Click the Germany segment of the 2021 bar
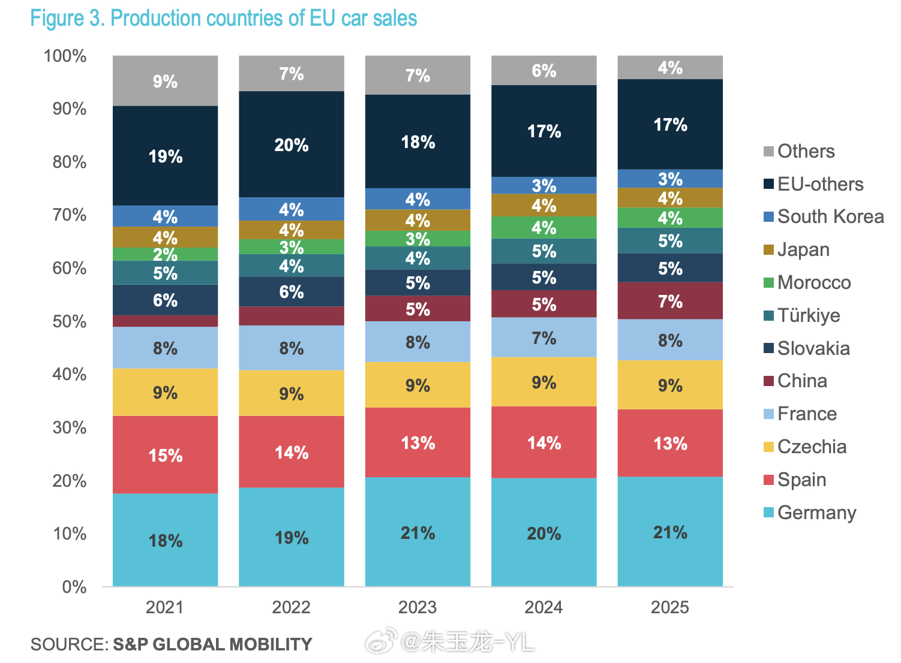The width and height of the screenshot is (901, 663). click(165, 540)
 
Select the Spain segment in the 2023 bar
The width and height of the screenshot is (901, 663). click(418, 442)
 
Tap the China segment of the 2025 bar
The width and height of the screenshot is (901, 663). click(670, 301)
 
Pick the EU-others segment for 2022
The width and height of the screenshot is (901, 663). click(292, 144)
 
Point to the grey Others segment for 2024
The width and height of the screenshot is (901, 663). click(544, 70)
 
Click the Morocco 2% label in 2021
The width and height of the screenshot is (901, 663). click(165, 254)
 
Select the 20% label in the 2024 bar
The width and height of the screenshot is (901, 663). click(544, 534)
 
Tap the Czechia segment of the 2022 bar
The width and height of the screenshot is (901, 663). click(292, 393)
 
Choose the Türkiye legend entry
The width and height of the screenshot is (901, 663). click(808, 315)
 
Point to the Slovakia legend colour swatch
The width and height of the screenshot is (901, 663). click(768, 348)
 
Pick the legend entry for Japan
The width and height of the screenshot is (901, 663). click(803, 249)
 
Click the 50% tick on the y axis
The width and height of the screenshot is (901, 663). click(70, 321)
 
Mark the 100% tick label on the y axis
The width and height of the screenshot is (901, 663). click(65, 56)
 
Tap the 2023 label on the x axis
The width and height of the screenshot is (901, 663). click(418, 607)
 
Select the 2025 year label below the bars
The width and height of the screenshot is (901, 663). click(670, 607)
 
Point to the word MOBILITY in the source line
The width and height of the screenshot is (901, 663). click(271, 644)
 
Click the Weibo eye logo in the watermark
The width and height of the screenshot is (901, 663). click(382, 642)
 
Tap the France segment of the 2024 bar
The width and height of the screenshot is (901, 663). click(544, 337)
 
